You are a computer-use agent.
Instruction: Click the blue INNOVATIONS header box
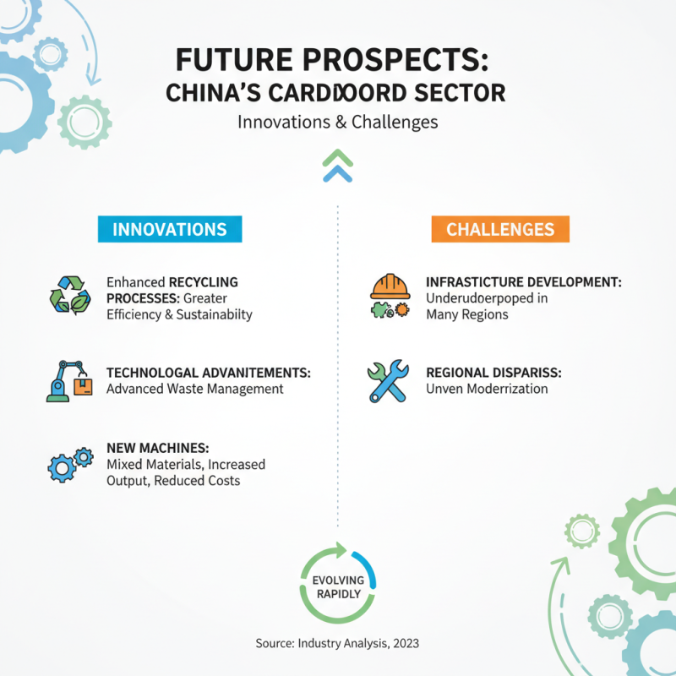pyautogui.click(x=169, y=229)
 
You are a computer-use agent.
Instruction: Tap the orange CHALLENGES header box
pyautogui.click(x=500, y=229)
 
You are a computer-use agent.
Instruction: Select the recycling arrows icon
pyautogui.click(x=69, y=297)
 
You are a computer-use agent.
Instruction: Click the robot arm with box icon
pyautogui.click(x=69, y=380)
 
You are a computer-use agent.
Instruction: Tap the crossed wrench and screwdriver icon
pyautogui.click(x=389, y=380)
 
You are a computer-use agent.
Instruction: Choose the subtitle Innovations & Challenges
pyautogui.click(x=338, y=122)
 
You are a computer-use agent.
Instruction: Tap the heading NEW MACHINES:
pyautogui.click(x=157, y=447)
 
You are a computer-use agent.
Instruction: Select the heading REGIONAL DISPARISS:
pyautogui.click(x=494, y=372)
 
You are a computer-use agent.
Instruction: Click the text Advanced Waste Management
pyautogui.click(x=194, y=389)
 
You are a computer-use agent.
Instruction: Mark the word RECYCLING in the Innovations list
pyautogui.click(x=204, y=281)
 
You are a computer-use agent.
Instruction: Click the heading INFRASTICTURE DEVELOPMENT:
pyautogui.click(x=524, y=281)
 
